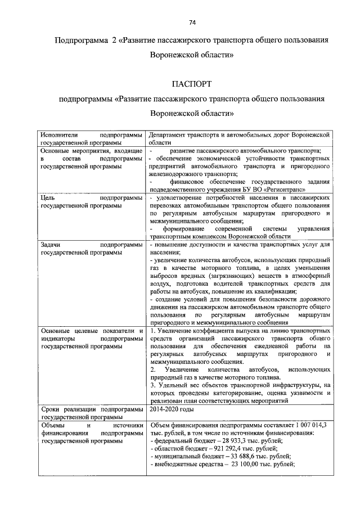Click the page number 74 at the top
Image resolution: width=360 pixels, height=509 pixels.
click(191, 22)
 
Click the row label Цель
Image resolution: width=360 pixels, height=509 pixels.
click(48, 198)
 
